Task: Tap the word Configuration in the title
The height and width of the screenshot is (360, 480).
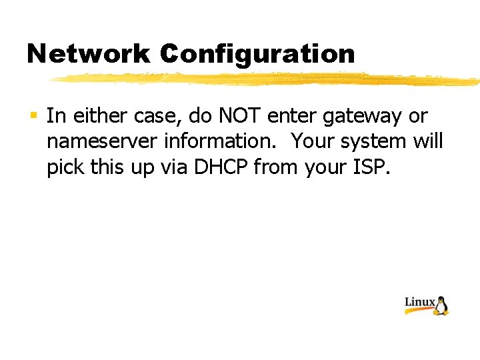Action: pos(258,54)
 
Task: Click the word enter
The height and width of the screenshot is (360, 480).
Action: pos(293,117)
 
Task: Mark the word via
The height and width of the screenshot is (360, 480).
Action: pos(174,167)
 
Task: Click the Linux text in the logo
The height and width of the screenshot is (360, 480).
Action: pos(419,303)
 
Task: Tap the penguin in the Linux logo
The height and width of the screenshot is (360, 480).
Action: pos(441,305)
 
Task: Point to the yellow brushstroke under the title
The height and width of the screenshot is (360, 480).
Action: pos(267,79)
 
